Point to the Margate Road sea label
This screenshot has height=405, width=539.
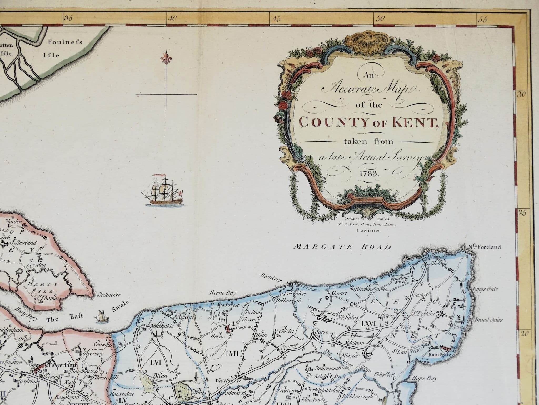coord(342,247)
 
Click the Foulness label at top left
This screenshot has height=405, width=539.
coord(65,42)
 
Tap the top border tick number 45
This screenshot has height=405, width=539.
coord(277,19)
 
